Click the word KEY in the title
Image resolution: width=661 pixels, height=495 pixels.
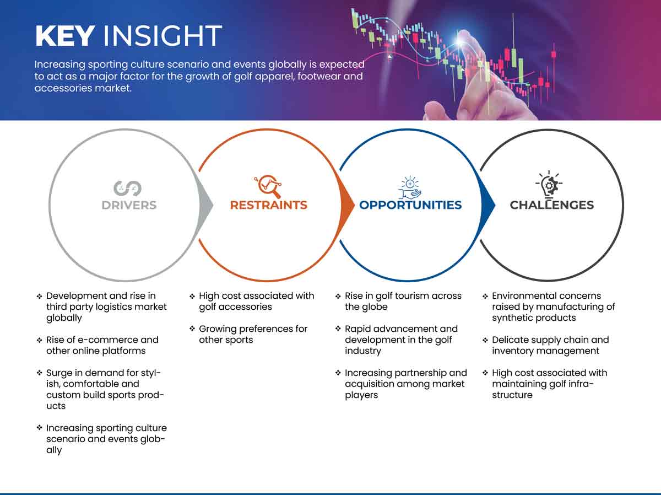[x=65, y=36]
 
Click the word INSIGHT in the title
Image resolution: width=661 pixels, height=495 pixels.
[x=162, y=36]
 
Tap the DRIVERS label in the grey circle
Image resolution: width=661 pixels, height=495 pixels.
[x=129, y=205]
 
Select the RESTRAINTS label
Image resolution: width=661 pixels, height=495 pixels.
[x=269, y=205]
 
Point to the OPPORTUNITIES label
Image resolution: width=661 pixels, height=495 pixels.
[x=410, y=205]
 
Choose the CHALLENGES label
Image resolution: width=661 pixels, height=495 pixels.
[x=552, y=205]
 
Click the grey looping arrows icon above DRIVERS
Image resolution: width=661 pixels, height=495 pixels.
[x=128, y=189]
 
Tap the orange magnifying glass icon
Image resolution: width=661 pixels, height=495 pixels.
[x=268, y=186]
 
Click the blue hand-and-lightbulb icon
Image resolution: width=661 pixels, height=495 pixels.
[x=410, y=187]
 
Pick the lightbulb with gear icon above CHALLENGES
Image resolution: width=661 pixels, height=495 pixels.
[x=549, y=184]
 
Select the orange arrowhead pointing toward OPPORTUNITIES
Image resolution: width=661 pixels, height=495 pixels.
[x=348, y=206]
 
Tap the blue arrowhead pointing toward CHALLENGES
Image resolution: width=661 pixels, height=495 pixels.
[x=488, y=206]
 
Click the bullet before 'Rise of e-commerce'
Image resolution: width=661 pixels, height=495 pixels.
[x=39, y=340]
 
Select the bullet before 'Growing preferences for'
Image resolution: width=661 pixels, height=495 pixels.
[x=192, y=329]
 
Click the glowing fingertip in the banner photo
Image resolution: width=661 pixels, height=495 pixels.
[x=460, y=41]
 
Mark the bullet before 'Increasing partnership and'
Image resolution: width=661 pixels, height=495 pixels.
[x=338, y=373]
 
